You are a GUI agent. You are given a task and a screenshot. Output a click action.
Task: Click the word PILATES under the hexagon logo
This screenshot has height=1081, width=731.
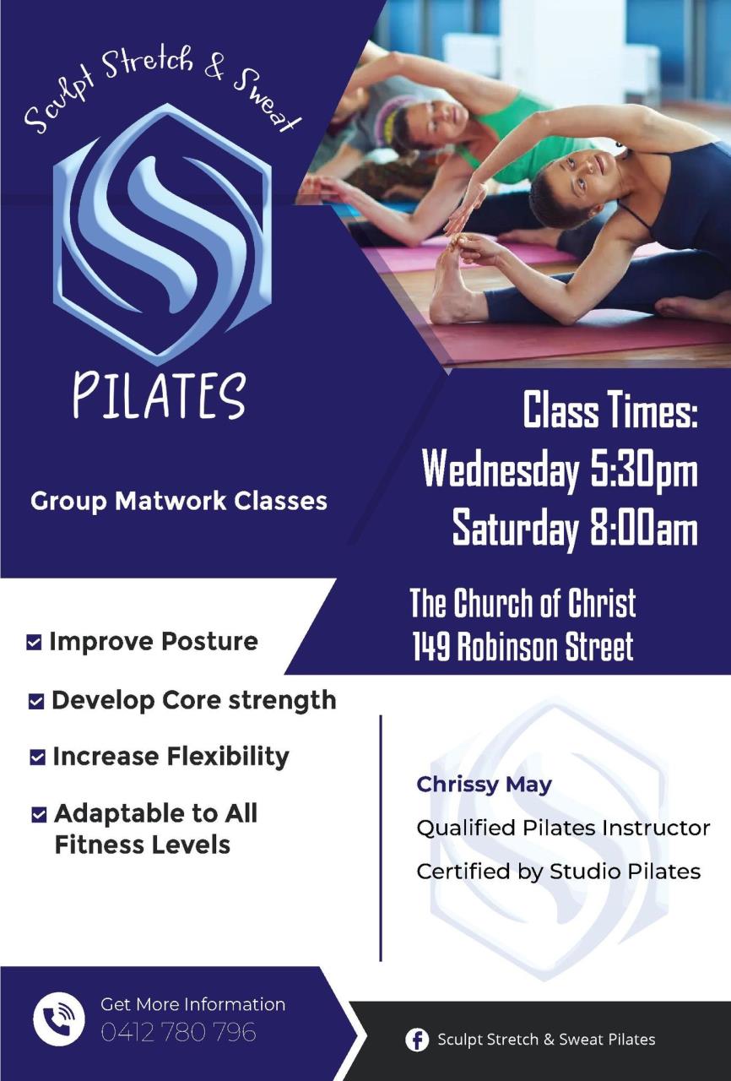point(160,395)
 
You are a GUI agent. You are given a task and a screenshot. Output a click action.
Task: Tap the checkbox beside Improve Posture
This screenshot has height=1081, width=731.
point(34,643)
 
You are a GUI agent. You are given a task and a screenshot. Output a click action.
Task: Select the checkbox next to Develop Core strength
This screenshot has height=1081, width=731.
point(36,701)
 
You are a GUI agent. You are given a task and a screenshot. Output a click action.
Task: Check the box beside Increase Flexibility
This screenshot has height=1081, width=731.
point(38,758)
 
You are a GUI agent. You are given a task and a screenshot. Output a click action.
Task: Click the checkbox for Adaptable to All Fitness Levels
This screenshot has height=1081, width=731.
point(39,815)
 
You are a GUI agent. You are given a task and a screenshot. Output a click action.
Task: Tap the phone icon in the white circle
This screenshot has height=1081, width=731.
point(59,1019)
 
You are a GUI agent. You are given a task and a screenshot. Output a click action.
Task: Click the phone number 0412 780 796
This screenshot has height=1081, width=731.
point(178,1032)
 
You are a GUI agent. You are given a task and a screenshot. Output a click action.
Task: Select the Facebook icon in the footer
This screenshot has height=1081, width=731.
point(417,1039)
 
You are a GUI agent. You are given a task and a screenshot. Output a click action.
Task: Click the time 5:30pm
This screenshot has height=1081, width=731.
point(644,471)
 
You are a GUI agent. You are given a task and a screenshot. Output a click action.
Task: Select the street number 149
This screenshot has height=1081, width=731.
point(431,647)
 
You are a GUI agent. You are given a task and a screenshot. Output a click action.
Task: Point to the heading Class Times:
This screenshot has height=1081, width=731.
point(610,410)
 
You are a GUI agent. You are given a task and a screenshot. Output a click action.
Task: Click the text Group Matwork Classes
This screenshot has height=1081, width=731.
point(179,501)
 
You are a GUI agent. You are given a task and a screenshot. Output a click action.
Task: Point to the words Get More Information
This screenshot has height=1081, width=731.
point(192,1004)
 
